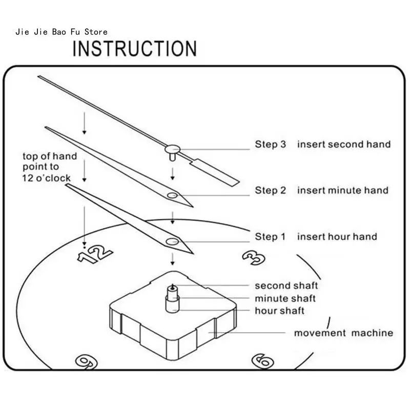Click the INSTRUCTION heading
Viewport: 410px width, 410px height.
click(134, 48)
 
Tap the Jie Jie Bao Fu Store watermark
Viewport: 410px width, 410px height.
click(62, 32)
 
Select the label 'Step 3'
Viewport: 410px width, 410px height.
click(271, 145)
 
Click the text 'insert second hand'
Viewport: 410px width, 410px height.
click(344, 145)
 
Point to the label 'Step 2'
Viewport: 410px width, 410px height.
click(271, 191)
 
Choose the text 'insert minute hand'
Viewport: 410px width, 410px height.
click(343, 191)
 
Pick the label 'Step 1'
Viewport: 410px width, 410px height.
click(270, 237)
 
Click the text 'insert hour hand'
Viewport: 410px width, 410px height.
click(337, 237)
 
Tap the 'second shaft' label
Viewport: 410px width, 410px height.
click(286, 285)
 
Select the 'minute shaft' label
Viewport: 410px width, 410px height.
click(285, 298)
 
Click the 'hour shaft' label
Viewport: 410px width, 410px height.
click(280, 311)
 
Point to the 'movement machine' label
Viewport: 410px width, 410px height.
click(343, 333)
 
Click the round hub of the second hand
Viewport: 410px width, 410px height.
click(172, 149)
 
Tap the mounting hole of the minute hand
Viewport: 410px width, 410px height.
click(173, 195)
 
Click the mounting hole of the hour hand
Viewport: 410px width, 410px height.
click(172, 241)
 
